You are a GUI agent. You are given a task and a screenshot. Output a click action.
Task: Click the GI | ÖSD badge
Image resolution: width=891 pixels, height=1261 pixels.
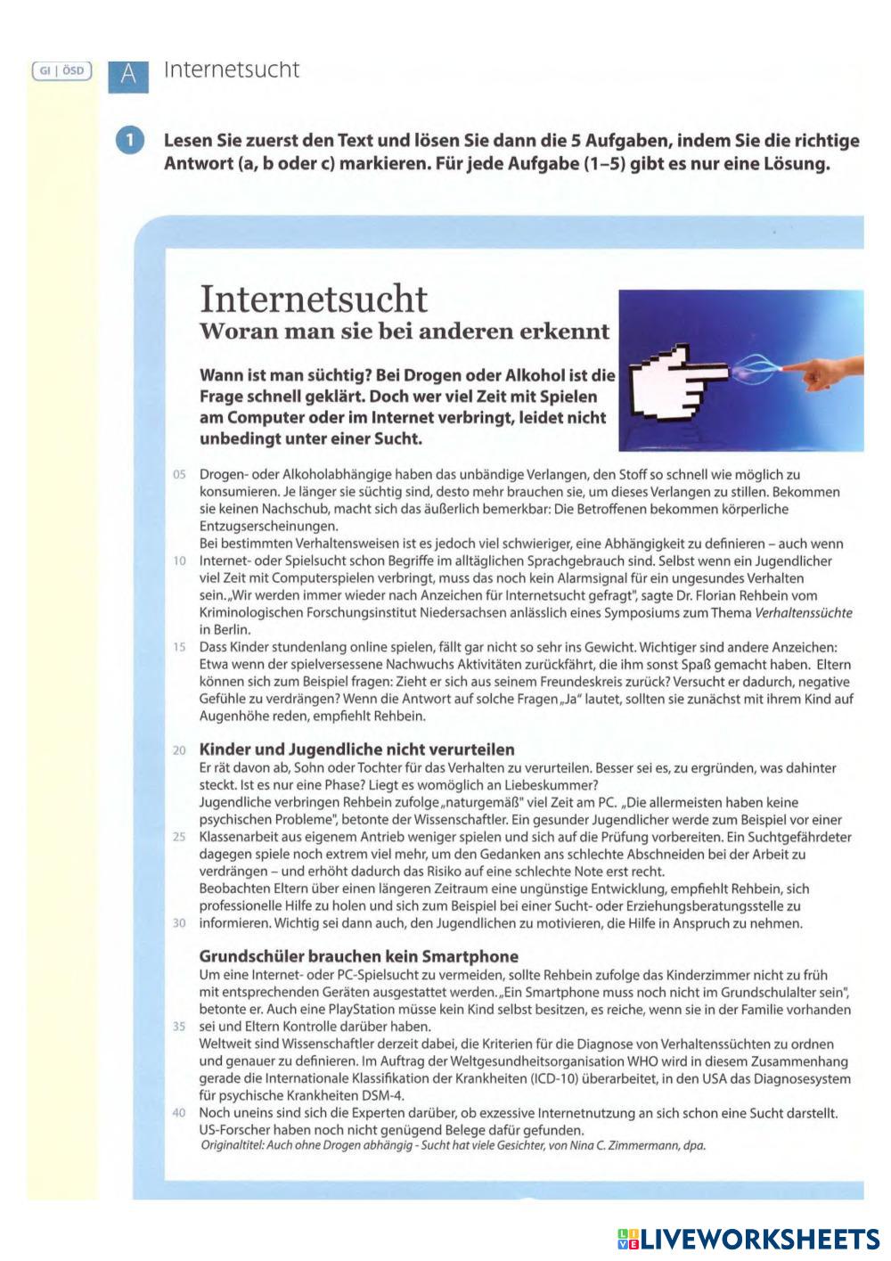61,70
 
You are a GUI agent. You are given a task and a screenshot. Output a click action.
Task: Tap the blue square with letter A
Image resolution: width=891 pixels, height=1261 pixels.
128,75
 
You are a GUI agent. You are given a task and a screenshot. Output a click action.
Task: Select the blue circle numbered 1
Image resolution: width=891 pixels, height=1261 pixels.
130,142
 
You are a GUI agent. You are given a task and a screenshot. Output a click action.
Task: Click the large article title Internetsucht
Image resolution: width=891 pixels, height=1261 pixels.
314,298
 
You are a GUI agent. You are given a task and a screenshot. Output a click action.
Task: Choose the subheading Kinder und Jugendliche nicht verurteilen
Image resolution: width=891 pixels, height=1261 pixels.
356,749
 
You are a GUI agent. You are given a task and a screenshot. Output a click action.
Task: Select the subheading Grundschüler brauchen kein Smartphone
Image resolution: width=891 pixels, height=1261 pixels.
358,956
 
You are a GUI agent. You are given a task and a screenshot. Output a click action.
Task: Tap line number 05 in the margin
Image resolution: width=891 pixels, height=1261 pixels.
179,475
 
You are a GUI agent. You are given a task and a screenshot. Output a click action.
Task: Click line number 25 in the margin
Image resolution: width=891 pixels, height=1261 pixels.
179,838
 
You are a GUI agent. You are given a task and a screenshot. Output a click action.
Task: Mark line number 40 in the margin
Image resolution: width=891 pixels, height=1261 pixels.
179,1113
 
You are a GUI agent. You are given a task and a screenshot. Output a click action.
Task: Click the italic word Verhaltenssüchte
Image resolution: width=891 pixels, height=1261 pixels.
803,613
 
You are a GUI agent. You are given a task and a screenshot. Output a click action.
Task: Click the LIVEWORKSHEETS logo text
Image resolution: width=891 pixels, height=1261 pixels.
759,1238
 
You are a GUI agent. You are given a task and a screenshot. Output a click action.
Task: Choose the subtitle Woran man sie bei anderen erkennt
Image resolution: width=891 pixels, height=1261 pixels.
405,332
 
